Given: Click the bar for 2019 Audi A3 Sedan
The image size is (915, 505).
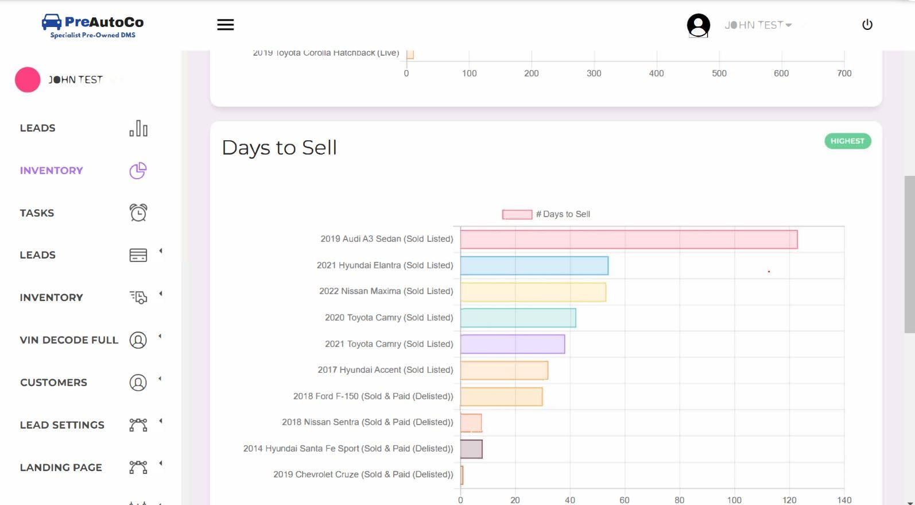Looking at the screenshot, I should coord(629,240).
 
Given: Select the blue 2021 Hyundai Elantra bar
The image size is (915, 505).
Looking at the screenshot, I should coord(534,265).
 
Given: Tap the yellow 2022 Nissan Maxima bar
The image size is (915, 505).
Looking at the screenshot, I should coord(533,292).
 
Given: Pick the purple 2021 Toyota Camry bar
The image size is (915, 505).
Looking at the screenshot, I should coord(512,344).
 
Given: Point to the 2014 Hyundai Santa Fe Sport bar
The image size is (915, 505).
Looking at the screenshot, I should coord(471,449).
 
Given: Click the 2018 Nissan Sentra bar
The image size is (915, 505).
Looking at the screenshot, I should coord(471,423).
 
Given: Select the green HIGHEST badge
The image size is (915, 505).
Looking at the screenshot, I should coord(847,141).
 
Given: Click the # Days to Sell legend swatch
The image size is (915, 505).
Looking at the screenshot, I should coord(517,214).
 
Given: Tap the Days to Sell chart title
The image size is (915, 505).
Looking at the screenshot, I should coord(279,148).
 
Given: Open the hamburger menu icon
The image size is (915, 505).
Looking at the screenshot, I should coord(226,25).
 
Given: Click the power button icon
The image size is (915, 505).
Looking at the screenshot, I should coord(867,25).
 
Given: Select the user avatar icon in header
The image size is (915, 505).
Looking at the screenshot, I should coord(698,25).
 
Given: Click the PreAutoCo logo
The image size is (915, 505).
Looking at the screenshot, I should coord(92,26).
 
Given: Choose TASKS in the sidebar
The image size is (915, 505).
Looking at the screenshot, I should coord(37,213).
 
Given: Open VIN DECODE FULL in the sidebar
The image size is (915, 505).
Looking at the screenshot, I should coord(69,340).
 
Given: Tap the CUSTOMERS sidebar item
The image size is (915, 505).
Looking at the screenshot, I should coord(53,383).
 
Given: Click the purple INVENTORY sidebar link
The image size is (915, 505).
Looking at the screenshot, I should coord(51,171).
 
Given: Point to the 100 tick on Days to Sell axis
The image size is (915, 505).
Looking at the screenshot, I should coord(734,500).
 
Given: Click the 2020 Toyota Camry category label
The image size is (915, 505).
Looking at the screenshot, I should coord(389,318).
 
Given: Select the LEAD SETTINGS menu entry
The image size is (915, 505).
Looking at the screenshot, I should coord(62,425).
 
